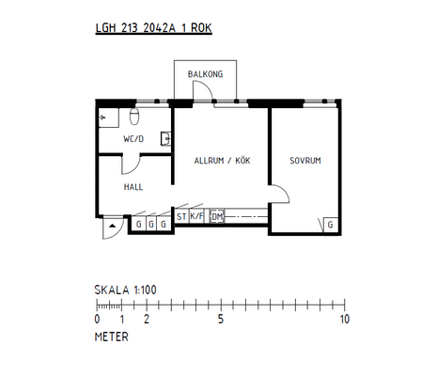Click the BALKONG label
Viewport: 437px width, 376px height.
[x=205, y=74]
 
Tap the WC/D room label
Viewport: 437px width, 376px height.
[x=133, y=139]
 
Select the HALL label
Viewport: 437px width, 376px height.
[x=133, y=187]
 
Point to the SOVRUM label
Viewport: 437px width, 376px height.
[x=305, y=161]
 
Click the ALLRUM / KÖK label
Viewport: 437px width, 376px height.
[x=222, y=161]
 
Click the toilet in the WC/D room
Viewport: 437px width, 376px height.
[x=134, y=117]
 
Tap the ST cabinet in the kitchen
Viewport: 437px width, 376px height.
[x=181, y=216]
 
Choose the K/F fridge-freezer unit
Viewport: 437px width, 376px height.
[x=196, y=216]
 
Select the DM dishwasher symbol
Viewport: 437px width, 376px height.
[x=217, y=216]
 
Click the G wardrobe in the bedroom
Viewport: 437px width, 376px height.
[x=331, y=225]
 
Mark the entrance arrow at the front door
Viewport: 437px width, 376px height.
[x=113, y=226]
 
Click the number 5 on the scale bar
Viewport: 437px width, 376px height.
[x=221, y=319]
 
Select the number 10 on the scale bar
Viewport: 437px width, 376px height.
[x=345, y=319]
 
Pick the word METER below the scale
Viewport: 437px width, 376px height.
[x=112, y=337]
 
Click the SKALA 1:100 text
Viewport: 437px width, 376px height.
[x=125, y=290]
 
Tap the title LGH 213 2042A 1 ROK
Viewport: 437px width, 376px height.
[x=154, y=28]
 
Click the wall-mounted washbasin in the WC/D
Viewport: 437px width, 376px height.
[x=166, y=138]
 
